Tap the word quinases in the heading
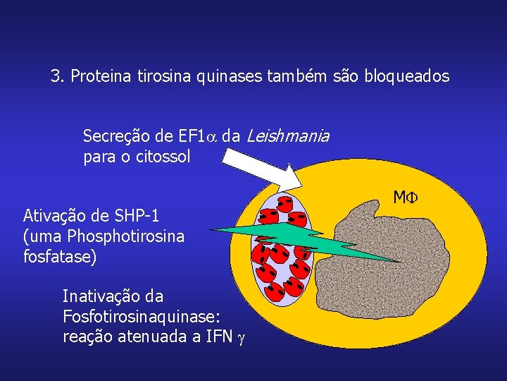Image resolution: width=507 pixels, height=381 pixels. [x=231, y=76]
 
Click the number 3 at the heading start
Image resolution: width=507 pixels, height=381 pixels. [x=55, y=76]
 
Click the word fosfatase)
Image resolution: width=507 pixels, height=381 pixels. [x=60, y=257]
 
